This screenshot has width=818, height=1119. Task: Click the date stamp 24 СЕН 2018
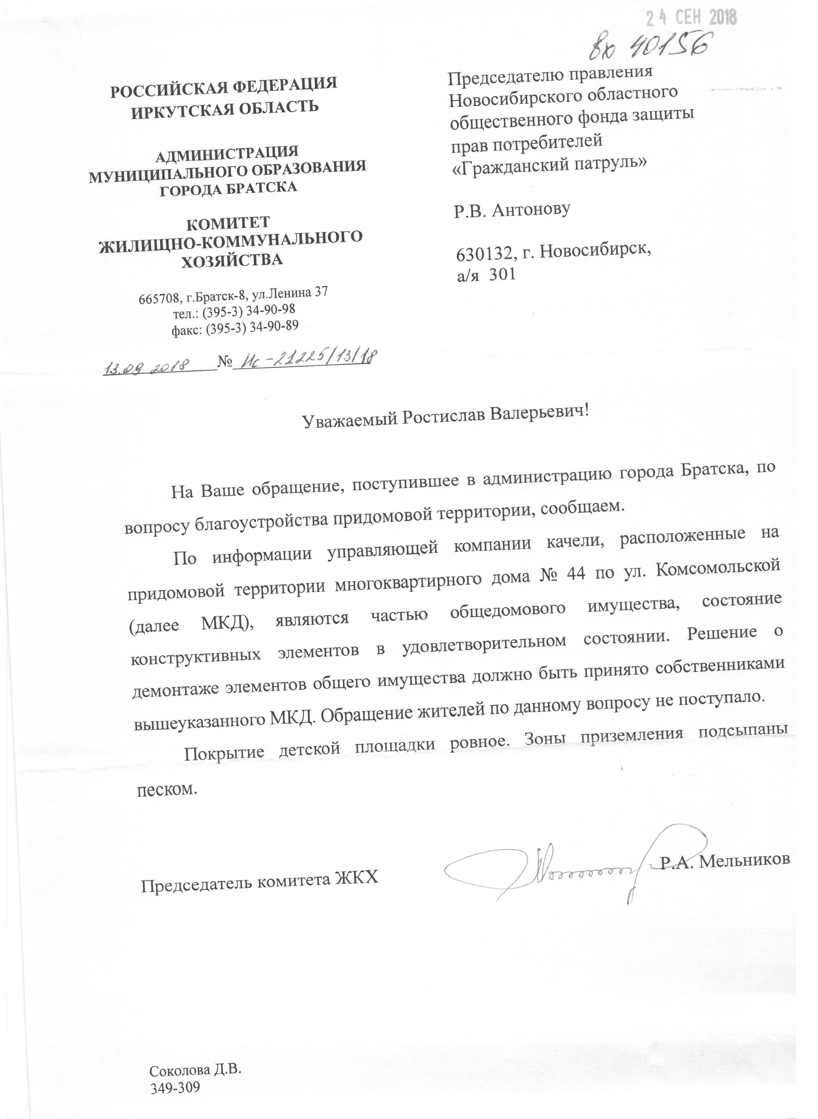pyautogui.click(x=691, y=18)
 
